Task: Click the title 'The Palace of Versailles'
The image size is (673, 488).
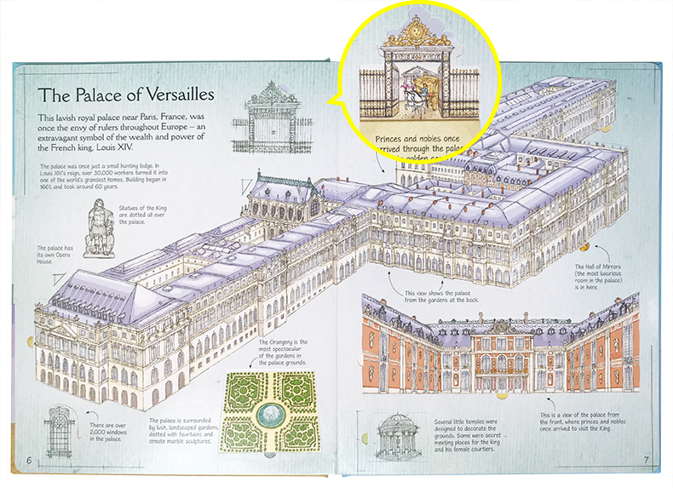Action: (x=124, y=94)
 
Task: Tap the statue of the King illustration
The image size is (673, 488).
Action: (x=99, y=227)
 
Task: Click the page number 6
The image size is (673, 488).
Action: (x=30, y=460)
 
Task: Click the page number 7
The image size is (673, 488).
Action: (x=646, y=461)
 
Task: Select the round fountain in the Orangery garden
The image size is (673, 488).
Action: (x=271, y=412)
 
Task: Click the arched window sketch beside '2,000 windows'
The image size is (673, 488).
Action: (x=59, y=431)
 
